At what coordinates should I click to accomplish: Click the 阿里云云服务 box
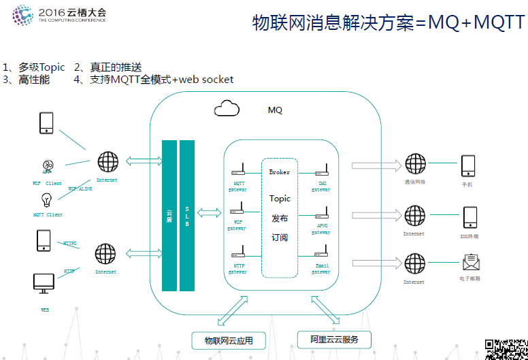coord(334,339)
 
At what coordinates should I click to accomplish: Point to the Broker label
coord(280,172)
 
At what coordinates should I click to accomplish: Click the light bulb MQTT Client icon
coord(48,200)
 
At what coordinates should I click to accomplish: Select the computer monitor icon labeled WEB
coord(44,284)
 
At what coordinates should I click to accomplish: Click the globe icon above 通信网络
coord(415,164)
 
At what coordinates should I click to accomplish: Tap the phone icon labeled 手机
coord(467,165)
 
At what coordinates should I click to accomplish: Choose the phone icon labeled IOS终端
coord(469,217)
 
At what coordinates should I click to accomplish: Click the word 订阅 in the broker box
coord(280,238)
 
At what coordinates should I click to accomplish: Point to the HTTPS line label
coord(70,243)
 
